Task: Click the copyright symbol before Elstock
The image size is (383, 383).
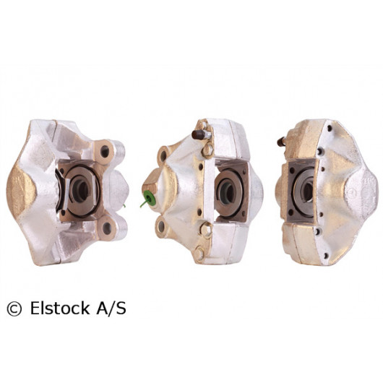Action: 14,309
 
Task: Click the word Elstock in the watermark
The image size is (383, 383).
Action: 60,308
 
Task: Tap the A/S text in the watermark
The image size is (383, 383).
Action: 111,308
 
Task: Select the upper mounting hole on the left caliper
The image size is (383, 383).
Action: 105,151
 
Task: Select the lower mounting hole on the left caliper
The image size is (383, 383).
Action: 107,228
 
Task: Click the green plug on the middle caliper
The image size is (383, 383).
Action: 147,198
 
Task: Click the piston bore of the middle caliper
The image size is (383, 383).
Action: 226,193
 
